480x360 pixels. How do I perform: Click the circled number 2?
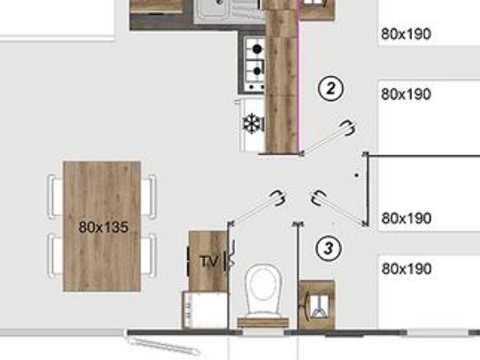point(331,89)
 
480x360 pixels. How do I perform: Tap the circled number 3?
point(329,248)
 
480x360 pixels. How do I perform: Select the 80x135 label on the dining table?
point(103,227)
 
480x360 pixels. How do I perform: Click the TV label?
point(210,261)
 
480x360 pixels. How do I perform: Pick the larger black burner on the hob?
point(258,49)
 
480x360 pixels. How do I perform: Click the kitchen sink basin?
point(214,7)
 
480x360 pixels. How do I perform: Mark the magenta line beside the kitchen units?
point(299,76)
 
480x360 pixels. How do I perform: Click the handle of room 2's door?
point(349,127)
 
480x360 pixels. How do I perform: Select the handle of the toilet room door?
point(278,198)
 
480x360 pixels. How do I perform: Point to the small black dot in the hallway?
point(356,175)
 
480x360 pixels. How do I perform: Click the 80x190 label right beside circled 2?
point(406,94)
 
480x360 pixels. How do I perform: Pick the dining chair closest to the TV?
point(149,255)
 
